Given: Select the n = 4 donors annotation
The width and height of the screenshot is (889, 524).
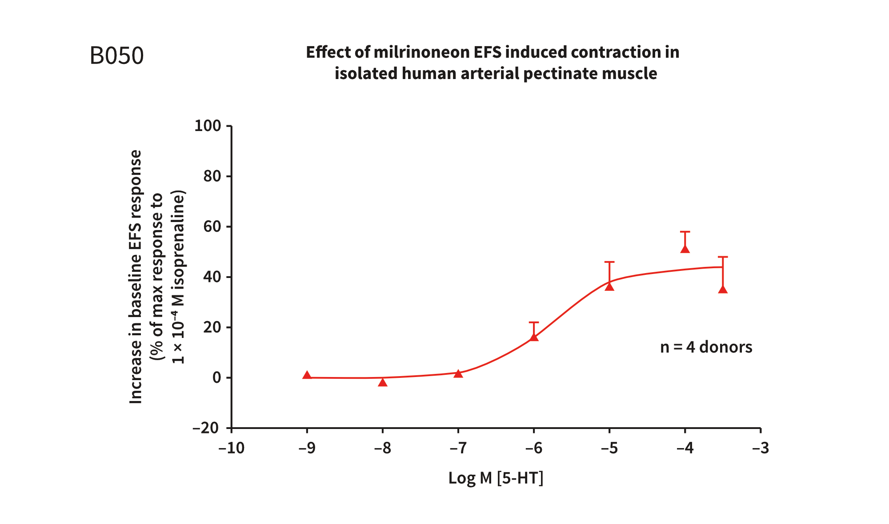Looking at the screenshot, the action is point(706,347).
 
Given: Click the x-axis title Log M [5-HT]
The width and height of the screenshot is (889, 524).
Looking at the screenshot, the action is point(496,478).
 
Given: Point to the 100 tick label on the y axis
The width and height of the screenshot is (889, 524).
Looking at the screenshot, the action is point(208,126).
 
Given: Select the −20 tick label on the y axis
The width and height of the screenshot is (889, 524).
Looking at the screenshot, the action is point(206,428).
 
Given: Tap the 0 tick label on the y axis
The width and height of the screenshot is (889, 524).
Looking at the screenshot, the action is point(216,378).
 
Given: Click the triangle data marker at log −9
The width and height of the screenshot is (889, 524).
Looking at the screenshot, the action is point(307,375).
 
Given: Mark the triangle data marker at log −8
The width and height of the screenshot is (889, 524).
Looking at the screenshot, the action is point(383,382).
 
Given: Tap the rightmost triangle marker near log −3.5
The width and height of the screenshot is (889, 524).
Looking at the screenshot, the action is point(723,290).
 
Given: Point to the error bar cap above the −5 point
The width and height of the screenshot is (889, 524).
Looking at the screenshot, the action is point(609,262).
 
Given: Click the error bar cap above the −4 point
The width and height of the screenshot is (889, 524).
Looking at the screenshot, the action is point(685,232).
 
